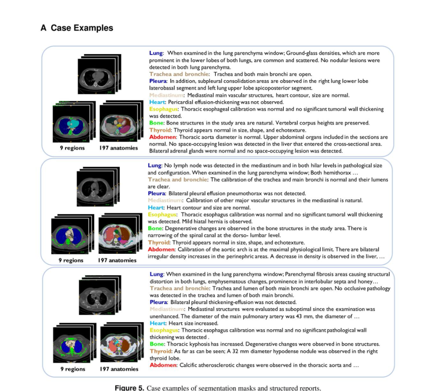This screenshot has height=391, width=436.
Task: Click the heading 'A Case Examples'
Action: tap(77, 28)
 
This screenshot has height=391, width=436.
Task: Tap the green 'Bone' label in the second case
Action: tap(155, 228)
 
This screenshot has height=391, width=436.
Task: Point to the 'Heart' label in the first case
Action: tap(157, 102)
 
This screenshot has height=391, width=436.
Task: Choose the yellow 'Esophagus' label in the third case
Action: tap(165, 330)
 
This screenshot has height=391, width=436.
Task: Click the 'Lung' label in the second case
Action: tap(155, 165)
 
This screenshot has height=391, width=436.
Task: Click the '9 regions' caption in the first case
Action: tap(72, 148)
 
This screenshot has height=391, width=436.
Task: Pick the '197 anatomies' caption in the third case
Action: tap(119, 369)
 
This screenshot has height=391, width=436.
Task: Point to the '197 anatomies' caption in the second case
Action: tap(117, 260)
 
